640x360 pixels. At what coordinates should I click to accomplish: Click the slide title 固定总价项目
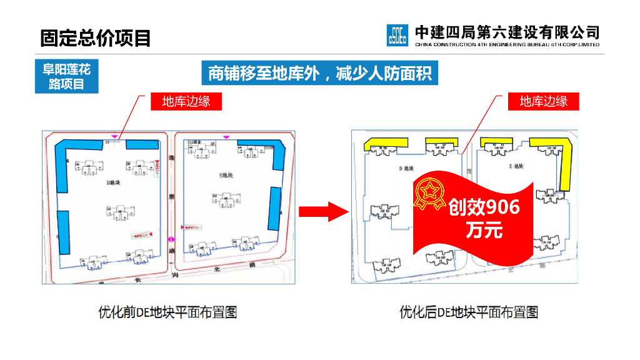pos(96,38)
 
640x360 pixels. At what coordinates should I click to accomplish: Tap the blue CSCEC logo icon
pos(397,35)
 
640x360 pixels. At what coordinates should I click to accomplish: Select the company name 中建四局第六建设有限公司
pos(507,31)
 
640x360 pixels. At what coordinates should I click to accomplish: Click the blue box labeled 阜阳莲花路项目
pos(66,76)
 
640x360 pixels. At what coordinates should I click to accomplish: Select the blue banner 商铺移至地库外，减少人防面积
pos(319,74)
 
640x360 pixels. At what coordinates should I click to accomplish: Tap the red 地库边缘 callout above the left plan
pos(186,102)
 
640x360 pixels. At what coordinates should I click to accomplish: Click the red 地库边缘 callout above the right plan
pos(543,102)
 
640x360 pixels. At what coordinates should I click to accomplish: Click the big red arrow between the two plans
pos(322,212)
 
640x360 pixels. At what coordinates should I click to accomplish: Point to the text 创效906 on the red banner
pos(484,206)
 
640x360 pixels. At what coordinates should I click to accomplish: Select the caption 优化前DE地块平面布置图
pos(167,312)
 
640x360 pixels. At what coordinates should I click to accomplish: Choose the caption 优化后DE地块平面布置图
pos(469,312)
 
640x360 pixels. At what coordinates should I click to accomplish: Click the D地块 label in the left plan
pos(113,182)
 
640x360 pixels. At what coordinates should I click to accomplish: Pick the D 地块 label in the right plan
pos(406,168)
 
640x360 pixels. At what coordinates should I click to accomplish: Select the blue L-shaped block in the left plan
pos(63,162)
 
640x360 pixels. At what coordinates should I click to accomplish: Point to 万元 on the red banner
pos(484,230)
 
